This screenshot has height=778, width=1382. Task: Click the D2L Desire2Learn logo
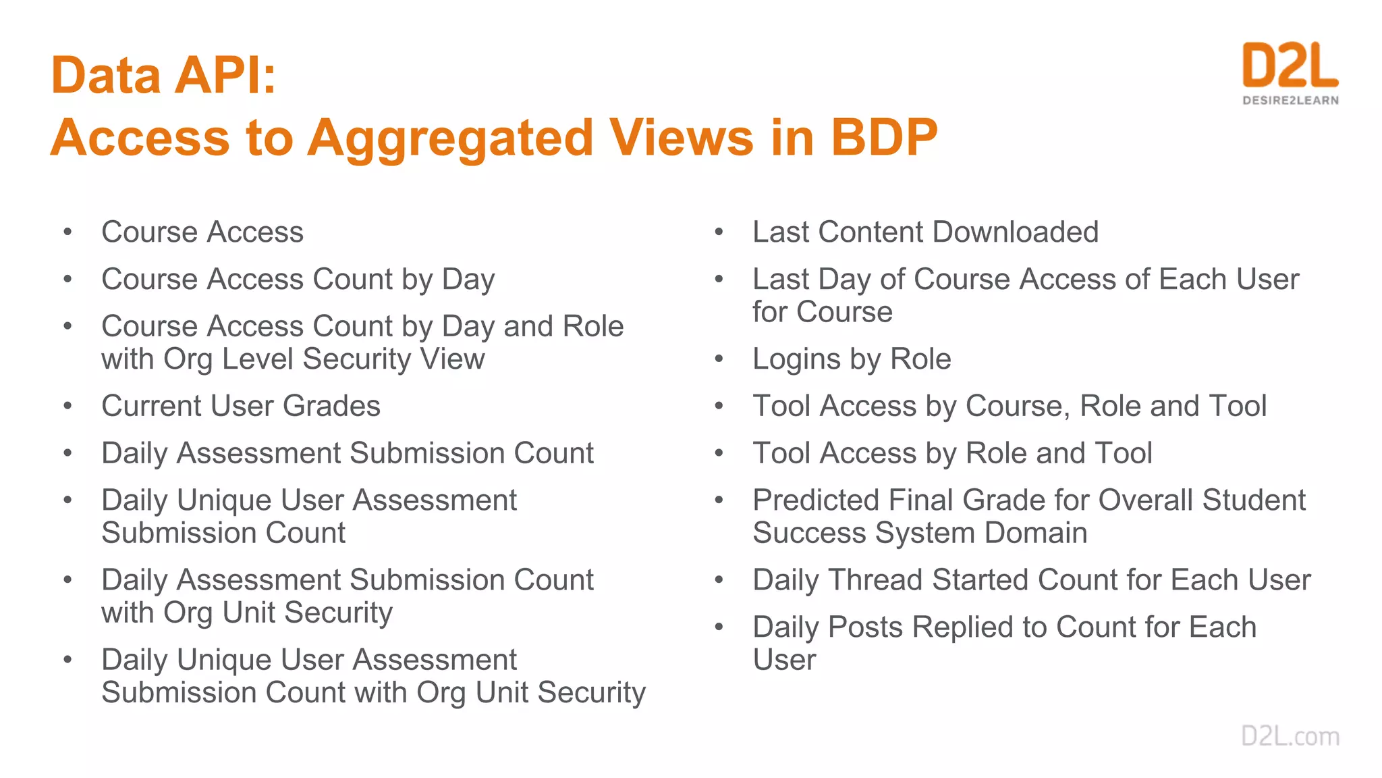(1290, 73)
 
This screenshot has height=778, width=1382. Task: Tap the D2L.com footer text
(1290, 735)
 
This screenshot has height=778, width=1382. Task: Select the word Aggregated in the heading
(450, 138)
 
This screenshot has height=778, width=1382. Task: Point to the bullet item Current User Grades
(241, 406)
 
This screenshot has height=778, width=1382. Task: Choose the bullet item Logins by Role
(851, 359)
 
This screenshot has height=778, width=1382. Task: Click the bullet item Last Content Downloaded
(925, 232)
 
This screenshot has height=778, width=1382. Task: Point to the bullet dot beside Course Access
(67, 232)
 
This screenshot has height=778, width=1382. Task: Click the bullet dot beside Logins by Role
(719, 359)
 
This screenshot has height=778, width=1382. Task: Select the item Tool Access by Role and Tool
(952, 452)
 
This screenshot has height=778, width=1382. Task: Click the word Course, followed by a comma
(1018, 406)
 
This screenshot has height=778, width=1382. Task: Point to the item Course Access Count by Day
(298, 279)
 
